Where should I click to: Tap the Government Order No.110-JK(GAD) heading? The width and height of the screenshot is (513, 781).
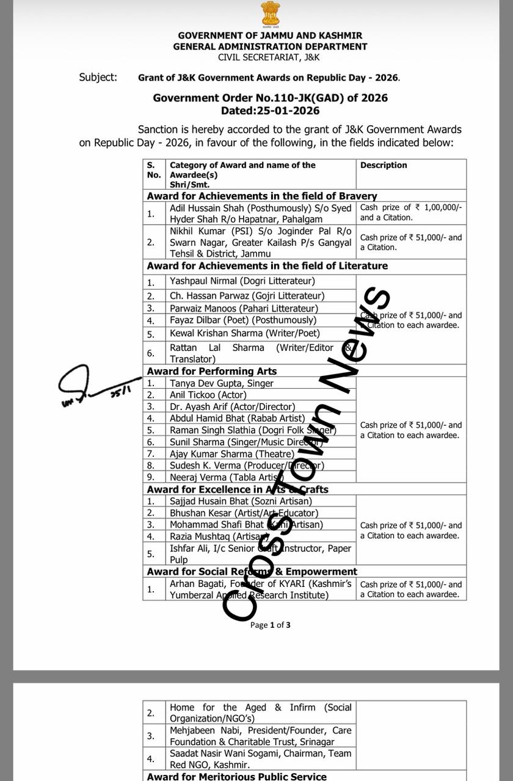pyautogui.click(x=270, y=98)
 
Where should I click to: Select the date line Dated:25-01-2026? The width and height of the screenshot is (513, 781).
pyautogui.click(x=270, y=110)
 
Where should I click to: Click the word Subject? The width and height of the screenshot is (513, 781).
pyautogui.click(x=98, y=77)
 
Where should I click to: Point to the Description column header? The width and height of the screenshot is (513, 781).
pyautogui.click(x=384, y=165)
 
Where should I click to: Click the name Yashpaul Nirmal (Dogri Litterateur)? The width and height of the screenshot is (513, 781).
pyautogui.click(x=242, y=281)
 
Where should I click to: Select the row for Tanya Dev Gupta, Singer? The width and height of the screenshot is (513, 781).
pyautogui.click(x=222, y=383)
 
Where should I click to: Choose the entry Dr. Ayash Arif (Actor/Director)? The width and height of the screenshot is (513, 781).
pyautogui.click(x=232, y=406)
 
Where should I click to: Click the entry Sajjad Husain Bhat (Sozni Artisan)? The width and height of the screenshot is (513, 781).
pyautogui.click(x=241, y=502)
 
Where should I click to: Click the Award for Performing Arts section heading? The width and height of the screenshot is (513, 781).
pyautogui.click(x=211, y=371)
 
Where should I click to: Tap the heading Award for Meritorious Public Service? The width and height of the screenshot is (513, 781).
pyautogui.click(x=236, y=776)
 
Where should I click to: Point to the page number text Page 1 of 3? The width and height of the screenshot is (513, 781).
pyautogui.click(x=270, y=625)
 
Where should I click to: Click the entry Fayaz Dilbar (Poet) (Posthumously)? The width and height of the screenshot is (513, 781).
pyautogui.click(x=243, y=320)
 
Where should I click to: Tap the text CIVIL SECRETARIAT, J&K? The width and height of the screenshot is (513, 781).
pyautogui.click(x=270, y=57)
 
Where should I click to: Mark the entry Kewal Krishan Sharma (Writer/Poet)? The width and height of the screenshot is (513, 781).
pyautogui.click(x=245, y=333)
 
